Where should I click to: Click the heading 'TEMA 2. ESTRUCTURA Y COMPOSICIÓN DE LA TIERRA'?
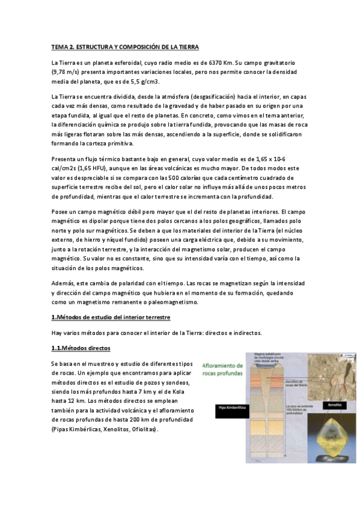[x=124, y=47]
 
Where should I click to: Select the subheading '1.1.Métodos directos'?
[x=81, y=348]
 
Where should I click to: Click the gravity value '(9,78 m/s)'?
[x=66, y=72]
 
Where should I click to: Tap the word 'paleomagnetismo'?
[x=169, y=302]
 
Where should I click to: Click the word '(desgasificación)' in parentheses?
[x=191, y=96]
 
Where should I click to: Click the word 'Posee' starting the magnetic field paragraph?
[x=61, y=212]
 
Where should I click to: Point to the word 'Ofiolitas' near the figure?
[x=140, y=429]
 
